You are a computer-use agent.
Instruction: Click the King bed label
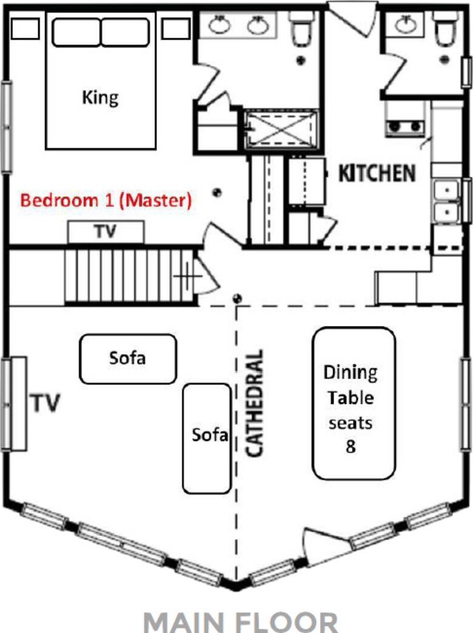tap(101, 98)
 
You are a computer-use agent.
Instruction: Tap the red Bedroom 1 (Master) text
tap(106, 200)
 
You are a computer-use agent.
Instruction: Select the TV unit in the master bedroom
tap(106, 232)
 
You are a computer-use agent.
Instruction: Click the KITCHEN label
tap(377, 173)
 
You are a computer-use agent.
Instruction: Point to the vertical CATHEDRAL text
tap(255, 404)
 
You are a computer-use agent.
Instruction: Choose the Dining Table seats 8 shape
tap(354, 404)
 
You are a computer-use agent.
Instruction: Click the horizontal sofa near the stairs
tap(128, 359)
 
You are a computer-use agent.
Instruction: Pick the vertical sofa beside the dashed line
tap(207, 438)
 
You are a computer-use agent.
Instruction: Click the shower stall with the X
tap(281, 129)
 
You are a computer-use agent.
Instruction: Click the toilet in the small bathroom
tap(445, 27)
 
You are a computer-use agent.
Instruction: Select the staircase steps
tap(130, 276)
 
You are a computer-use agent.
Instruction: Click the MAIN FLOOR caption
tap(240, 622)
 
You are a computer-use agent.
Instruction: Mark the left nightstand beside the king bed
tap(25, 29)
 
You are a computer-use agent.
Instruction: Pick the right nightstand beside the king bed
tap(175, 29)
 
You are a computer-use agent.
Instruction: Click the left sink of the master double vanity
tap(220, 25)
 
